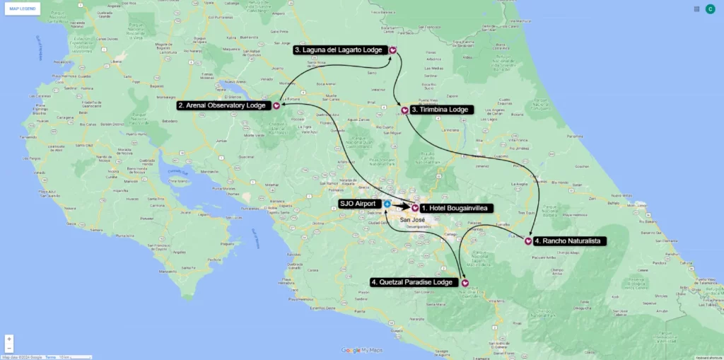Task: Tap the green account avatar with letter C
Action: coord(710,9)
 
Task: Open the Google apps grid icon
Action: coord(696,9)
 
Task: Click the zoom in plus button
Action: coord(9,339)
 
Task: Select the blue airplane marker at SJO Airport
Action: coord(387,204)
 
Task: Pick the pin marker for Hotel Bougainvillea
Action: coord(415,208)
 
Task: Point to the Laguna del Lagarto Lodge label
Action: coord(339,50)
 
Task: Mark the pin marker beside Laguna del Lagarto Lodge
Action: coord(392,50)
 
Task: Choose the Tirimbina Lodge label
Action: coord(440,110)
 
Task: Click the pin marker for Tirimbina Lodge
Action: coord(404,110)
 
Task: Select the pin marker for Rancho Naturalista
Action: coord(529,241)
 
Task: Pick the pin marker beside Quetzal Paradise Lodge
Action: coord(465,283)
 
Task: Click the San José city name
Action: coord(414,220)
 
